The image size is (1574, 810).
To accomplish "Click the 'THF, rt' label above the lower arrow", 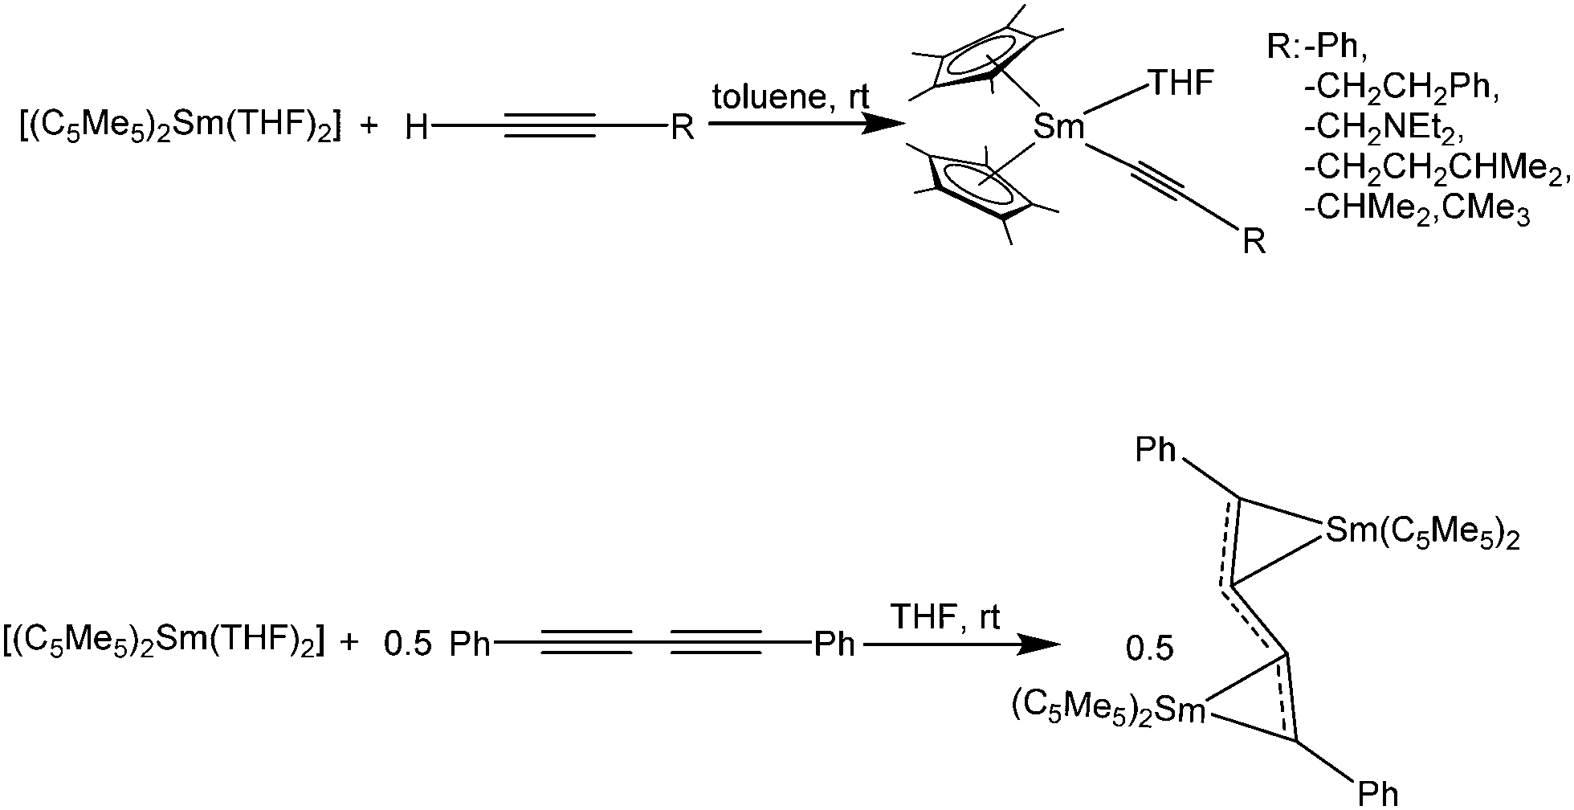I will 947,618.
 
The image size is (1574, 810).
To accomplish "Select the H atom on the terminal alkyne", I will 417,127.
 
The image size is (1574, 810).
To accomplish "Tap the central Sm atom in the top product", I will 1058,127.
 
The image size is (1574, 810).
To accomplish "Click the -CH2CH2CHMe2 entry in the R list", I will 1435,170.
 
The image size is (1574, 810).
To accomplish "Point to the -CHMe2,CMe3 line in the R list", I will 1417,212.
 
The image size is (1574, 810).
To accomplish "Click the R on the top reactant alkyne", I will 683,127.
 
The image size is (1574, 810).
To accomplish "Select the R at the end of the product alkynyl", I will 1254,241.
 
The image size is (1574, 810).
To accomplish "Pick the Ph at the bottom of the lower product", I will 1378,793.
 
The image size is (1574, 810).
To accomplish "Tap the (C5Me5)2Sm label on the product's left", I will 1109,708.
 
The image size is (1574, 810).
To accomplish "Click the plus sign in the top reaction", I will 369,127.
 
